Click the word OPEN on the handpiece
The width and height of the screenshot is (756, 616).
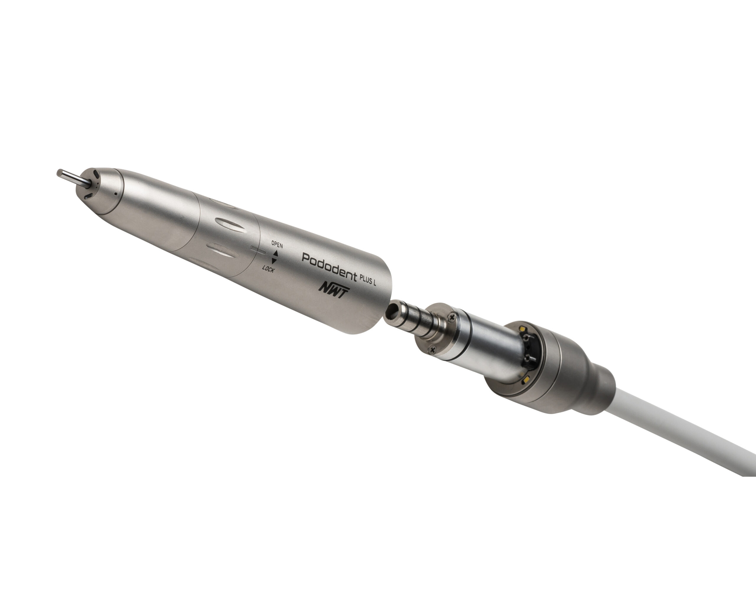[x=277, y=245]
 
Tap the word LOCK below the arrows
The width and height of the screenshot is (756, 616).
[x=268, y=269]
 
